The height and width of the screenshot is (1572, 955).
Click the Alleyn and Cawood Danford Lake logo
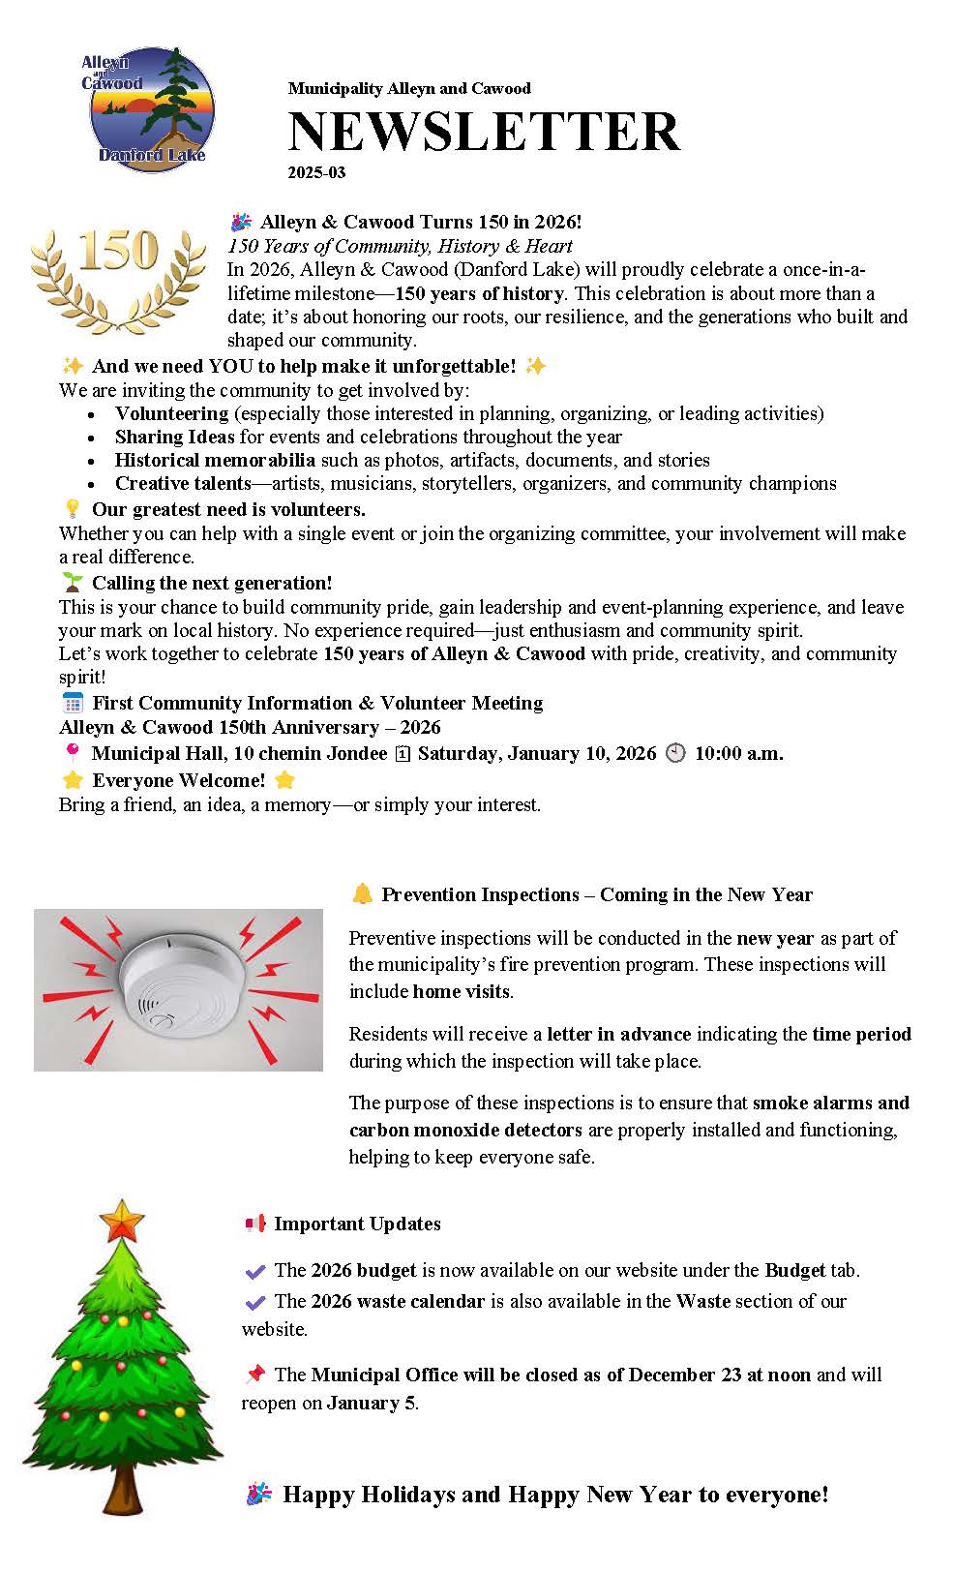(x=151, y=108)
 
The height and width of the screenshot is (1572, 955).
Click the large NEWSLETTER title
(x=483, y=133)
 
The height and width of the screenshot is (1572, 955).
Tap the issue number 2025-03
(x=316, y=173)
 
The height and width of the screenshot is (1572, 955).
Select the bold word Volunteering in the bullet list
(x=171, y=414)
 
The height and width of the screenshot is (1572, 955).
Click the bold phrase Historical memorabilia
(x=215, y=461)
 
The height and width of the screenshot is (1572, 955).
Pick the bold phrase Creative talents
(x=183, y=484)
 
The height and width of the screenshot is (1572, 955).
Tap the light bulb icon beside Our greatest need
(x=72, y=509)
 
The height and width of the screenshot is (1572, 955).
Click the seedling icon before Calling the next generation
(x=72, y=583)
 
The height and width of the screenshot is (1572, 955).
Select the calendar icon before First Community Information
(x=73, y=704)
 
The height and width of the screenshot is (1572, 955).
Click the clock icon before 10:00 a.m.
(x=675, y=754)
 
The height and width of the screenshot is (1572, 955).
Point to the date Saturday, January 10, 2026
(x=536, y=754)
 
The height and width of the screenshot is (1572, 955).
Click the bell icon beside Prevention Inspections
(x=362, y=894)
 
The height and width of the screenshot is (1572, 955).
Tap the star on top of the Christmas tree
(x=120, y=1222)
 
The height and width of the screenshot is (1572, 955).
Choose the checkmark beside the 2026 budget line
(x=255, y=1272)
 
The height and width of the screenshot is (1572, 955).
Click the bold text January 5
(x=371, y=1404)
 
